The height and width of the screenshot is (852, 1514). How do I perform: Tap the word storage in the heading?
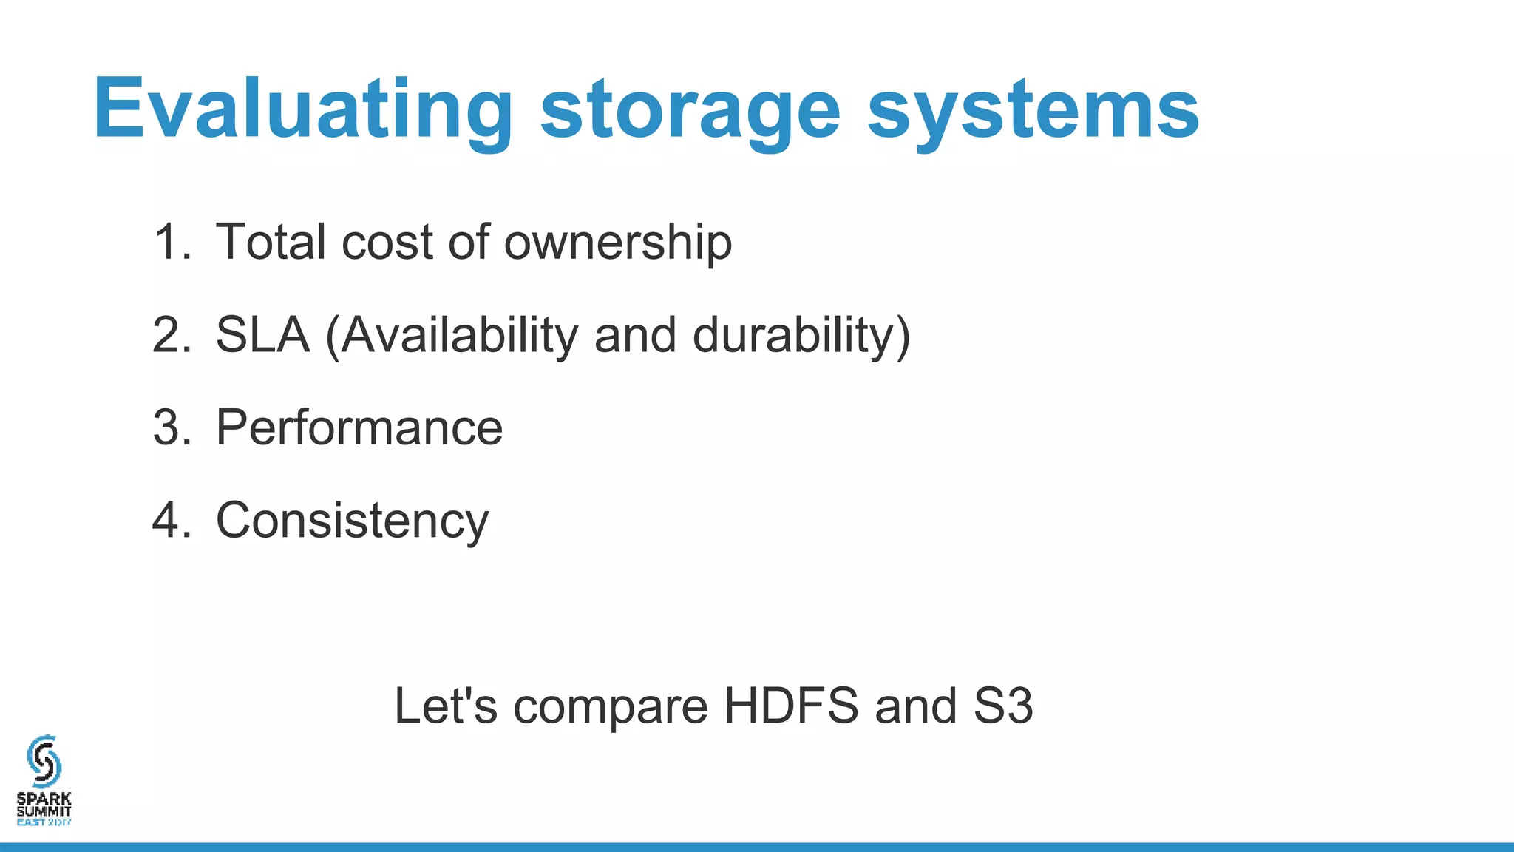click(690, 109)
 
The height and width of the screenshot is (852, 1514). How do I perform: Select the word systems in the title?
click(1033, 109)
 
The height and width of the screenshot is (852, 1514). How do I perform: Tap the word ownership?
click(618, 242)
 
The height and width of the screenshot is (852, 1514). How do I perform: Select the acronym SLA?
click(262, 335)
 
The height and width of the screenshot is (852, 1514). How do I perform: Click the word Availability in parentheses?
click(458, 335)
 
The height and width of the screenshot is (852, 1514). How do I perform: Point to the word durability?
click(794, 335)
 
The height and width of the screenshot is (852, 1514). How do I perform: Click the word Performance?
click(359, 427)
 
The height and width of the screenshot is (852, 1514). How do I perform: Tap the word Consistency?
click(352, 521)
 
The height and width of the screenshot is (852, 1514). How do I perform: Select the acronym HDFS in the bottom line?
click(791, 706)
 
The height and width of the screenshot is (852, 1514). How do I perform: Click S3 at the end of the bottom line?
click(1002, 706)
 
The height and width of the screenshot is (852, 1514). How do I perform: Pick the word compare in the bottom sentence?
click(611, 706)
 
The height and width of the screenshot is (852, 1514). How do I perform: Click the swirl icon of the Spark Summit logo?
click(44, 761)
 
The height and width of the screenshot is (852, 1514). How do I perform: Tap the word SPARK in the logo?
click(44, 799)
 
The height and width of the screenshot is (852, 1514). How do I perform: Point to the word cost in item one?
click(387, 242)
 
